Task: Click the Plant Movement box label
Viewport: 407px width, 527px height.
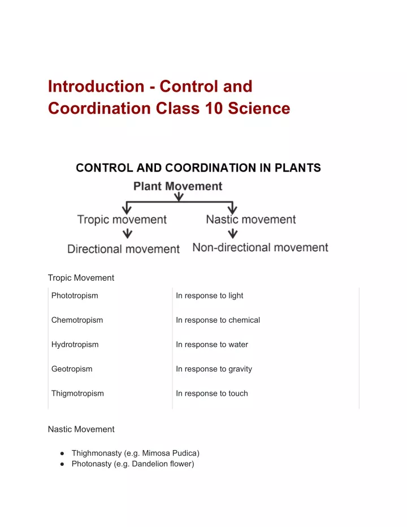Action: [x=177, y=186]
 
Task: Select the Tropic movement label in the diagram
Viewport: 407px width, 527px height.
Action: [x=122, y=220]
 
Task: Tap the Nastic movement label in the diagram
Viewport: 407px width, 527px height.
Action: [x=251, y=219]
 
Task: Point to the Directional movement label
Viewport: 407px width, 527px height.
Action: [x=123, y=248]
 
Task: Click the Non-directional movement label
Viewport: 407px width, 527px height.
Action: [x=260, y=247]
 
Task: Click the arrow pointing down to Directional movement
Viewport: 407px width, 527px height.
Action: [x=128, y=233]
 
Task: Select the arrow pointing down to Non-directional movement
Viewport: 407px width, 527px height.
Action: [x=232, y=233]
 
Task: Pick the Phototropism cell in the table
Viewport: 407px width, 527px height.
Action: [x=75, y=295]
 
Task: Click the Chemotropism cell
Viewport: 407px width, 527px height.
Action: [x=77, y=320]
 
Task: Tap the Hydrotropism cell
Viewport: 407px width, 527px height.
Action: [x=75, y=344]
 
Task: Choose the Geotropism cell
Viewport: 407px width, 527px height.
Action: [x=72, y=369]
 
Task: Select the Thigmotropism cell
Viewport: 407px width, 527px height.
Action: [x=77, y=393]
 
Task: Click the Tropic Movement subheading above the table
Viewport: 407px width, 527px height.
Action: [x=81, y=278]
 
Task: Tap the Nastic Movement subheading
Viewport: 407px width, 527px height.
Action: [x=81, y=429]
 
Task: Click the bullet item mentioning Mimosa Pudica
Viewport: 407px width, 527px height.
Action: [x=135, y=453]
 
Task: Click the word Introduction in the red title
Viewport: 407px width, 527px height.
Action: [x=96, y=87]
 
